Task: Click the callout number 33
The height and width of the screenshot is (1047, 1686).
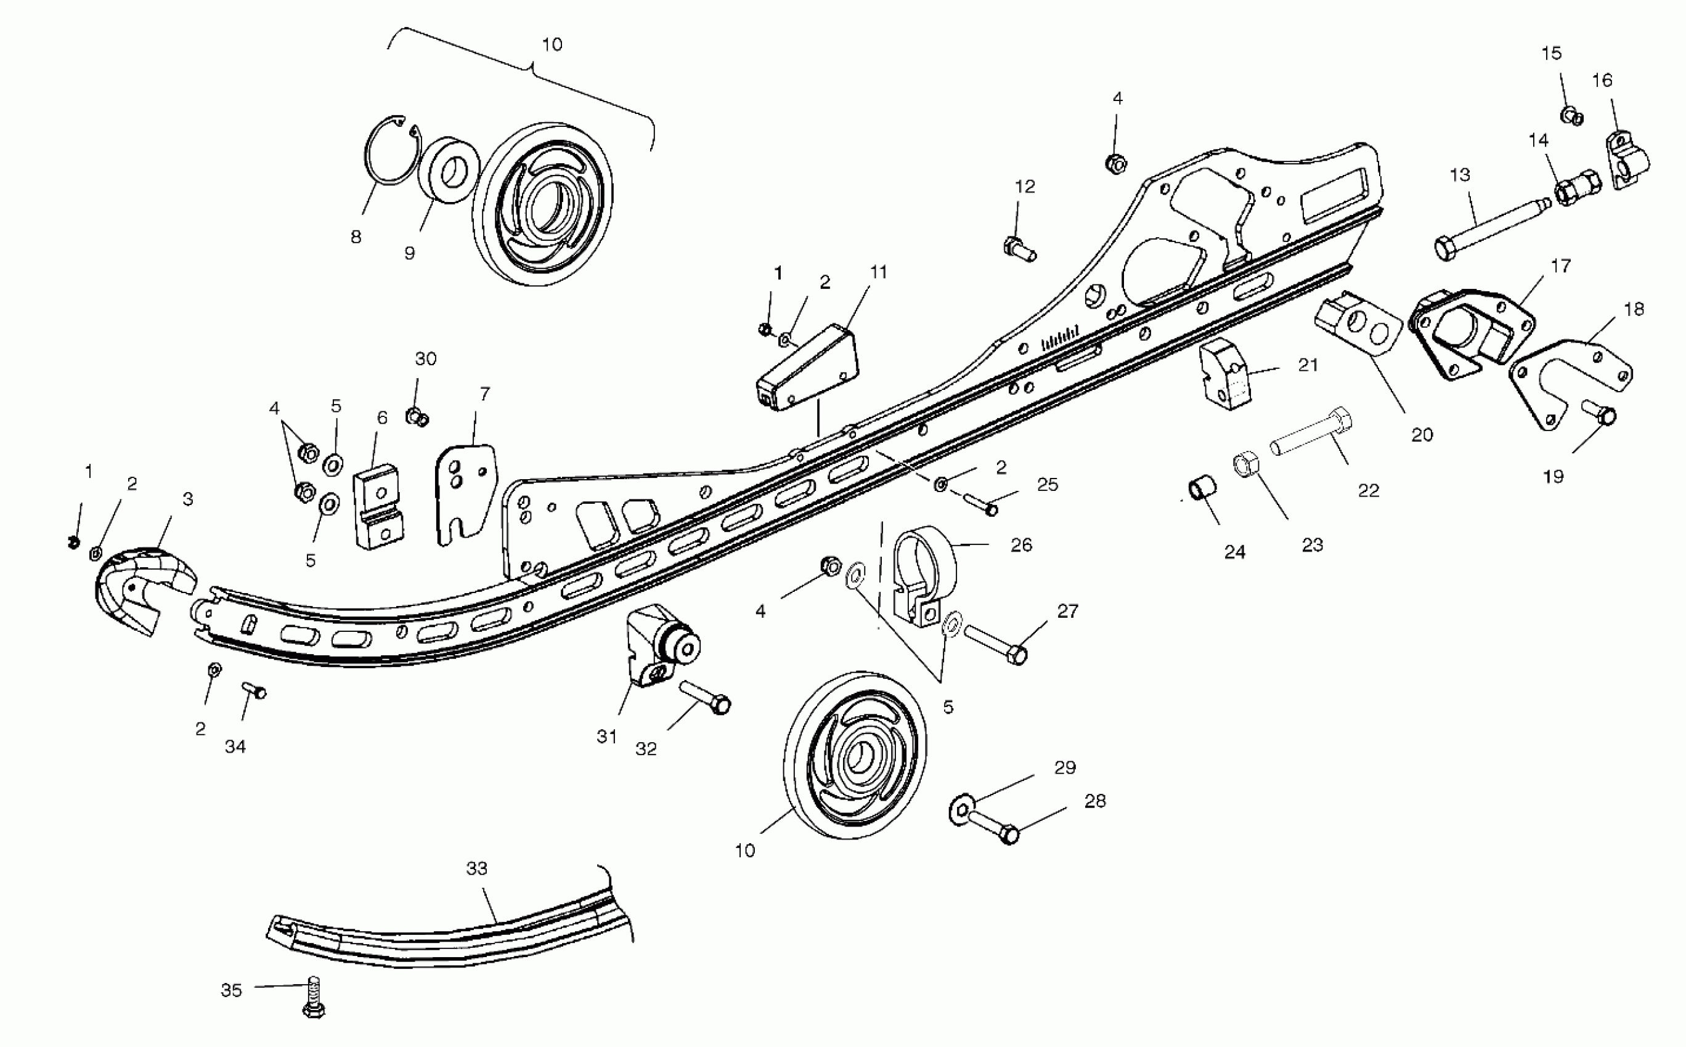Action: tap(476, 868)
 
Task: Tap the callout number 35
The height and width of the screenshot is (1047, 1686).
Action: tap(231, 990)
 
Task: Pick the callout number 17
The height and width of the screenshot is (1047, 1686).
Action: tap(1560, 266)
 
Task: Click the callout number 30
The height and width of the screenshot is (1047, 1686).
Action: tap(425, 358)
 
